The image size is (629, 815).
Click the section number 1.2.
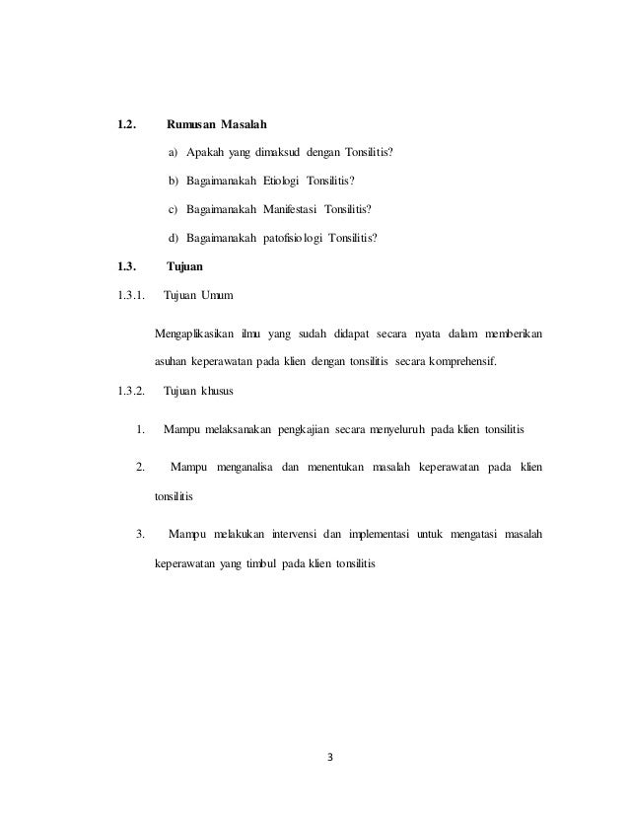coord(126,125)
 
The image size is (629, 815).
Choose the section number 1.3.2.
coord(132,392)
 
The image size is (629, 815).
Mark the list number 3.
coord(141,536)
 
